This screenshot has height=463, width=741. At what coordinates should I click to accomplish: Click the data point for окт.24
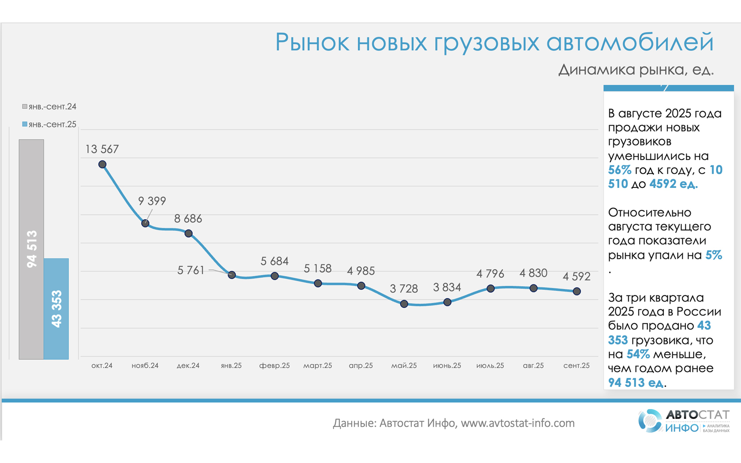[x=102, y=164]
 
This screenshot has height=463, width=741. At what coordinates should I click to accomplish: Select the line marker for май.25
[x=404, y=304]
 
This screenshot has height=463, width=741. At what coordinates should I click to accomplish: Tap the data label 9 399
[x=152, y=201]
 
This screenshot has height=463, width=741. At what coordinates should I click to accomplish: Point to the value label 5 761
[x=191, y=270]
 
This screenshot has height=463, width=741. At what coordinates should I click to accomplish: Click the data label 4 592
[x=576, y=276]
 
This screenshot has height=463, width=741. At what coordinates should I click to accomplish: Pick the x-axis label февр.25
[x=274, y=366]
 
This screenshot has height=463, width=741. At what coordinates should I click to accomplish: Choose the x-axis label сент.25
[x=576, y=366]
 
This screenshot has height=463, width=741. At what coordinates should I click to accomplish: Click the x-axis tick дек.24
[x=188, y=366]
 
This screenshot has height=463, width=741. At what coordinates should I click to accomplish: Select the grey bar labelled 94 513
[x=31, y=249]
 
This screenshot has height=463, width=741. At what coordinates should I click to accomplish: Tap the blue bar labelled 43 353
[x=56, y=309]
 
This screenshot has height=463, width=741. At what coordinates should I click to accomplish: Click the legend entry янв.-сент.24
[x=49, y=107]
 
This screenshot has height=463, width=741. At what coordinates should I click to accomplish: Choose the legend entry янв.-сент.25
[x=49, y=124]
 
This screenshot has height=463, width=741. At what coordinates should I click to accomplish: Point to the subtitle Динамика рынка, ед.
[x=636, y=70]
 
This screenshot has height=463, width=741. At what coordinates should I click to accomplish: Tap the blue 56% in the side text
[x=619, y=170]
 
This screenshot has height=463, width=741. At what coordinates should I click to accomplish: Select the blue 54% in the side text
[x=638, y=354]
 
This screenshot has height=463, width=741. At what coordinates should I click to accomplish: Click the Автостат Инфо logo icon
[x=650, y=421]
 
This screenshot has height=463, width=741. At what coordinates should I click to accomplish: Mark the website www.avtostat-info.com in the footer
[x=517, y=423]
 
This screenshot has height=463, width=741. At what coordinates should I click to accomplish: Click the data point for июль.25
[x=490, y=288]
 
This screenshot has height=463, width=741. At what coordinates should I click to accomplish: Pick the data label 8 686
[x=188, y=219]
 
